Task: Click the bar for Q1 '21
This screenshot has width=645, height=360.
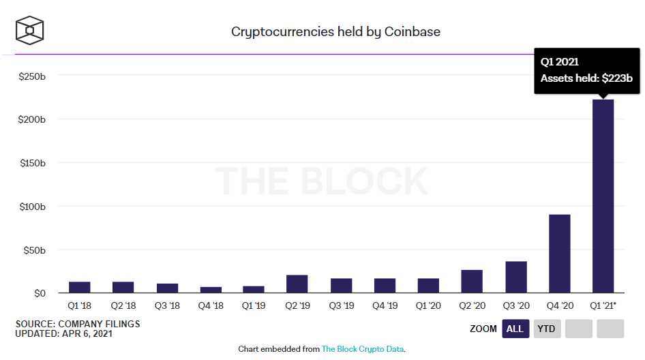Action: tap(603, 196)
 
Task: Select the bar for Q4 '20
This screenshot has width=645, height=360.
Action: tap(559, 254)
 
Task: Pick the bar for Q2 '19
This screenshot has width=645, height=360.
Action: tap(297, 284)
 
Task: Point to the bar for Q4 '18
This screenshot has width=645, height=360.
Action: tap(210, 290)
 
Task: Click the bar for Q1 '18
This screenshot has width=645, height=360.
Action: tap(79, 287)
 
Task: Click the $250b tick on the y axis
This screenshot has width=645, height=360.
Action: tap(32, 76)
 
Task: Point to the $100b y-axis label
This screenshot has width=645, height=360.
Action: tap(32, 207)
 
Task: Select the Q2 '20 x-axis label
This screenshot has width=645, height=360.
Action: tap(472, 306)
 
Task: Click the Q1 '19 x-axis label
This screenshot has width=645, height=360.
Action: tap(254, 306)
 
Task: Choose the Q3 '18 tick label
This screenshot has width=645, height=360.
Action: tap(166, 306)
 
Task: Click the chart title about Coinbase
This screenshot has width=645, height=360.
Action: tap(335, 31)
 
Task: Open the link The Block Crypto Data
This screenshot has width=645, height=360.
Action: tap(363, 349)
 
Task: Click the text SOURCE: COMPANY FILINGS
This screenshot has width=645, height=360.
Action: tap(77, 324)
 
